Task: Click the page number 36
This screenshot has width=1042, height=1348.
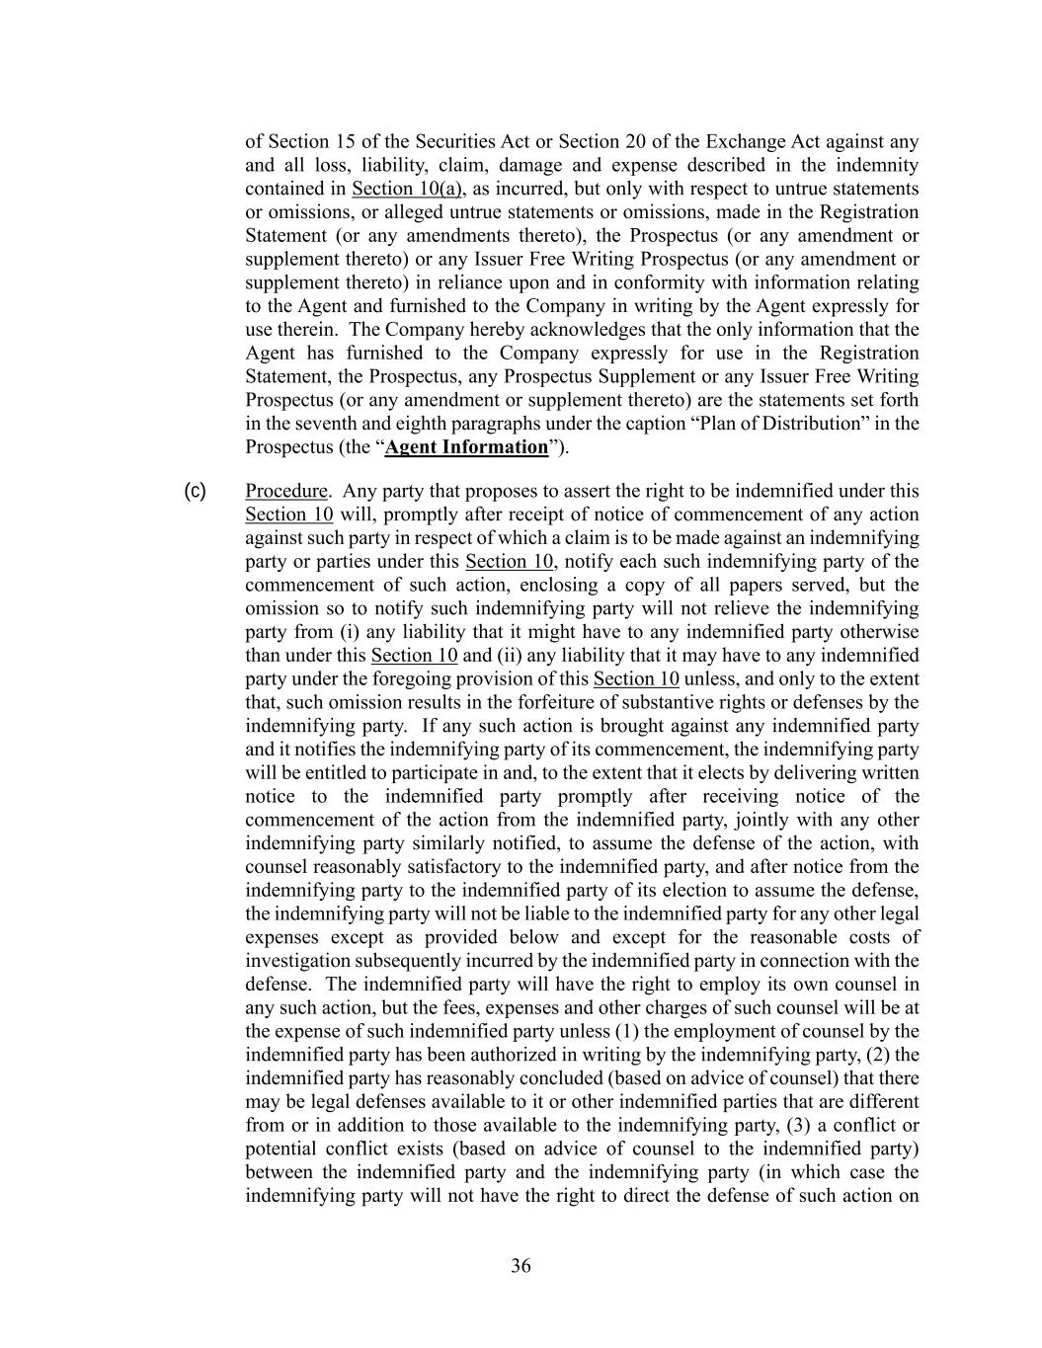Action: [x=521, y=1266]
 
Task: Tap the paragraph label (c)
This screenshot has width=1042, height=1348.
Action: [x=196, y=491]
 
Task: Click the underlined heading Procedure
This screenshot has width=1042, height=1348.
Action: [x=285, y=491]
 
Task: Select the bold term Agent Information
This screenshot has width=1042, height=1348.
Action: [x=466, y=446]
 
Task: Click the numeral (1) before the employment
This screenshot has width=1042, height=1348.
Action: [x=640, y=1031]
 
